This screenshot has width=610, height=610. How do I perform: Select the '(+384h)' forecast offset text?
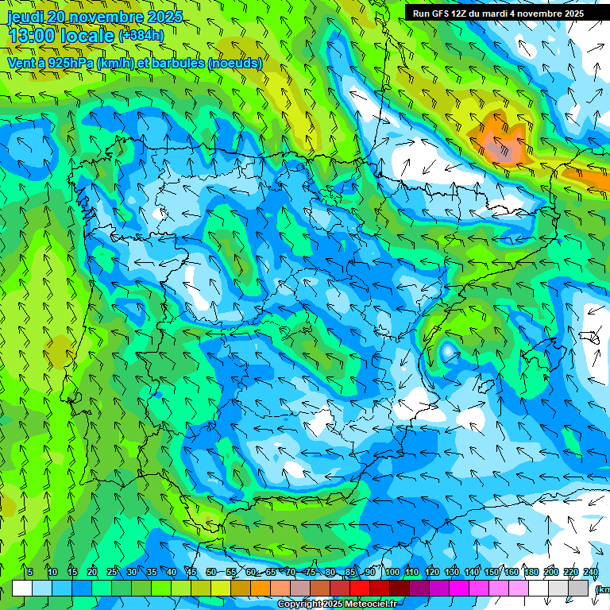[x=141, y=36]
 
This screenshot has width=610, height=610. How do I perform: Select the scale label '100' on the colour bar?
[x=392, y=572]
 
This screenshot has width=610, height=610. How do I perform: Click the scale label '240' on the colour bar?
[x=590, y=572]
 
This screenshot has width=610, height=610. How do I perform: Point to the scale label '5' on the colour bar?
[x=30, y=572]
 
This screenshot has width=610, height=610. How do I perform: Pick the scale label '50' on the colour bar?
[x=210, y=572]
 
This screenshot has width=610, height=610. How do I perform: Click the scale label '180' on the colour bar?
[x=531, y=572]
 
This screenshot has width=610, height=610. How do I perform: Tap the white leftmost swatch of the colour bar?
[x=21, y=588]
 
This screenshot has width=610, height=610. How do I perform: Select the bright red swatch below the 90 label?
[x=360, y=588]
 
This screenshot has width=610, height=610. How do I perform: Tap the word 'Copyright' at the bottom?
[x=301, y=604]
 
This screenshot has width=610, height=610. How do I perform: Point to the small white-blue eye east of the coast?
[x=449, y=349]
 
